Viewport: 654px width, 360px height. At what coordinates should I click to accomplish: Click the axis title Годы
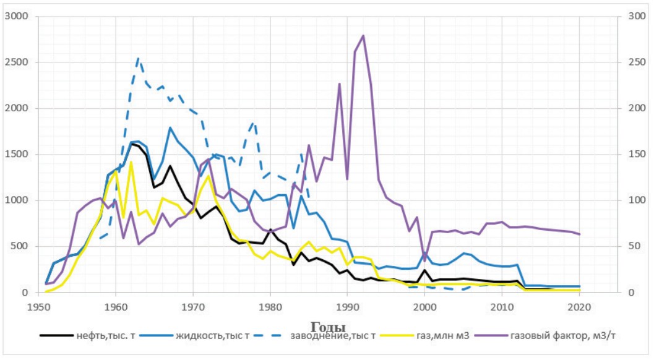point(328,327)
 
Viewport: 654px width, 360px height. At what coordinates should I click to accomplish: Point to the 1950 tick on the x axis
point(38,306)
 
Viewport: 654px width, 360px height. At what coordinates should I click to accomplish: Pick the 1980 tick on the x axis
point(270,306)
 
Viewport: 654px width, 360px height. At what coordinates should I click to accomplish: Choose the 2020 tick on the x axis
point(579,306)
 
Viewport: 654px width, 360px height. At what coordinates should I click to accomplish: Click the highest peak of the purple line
point(363,35)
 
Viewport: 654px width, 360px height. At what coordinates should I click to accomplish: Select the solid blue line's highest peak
point(170,127)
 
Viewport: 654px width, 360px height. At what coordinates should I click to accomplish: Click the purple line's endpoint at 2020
point(579,234)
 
